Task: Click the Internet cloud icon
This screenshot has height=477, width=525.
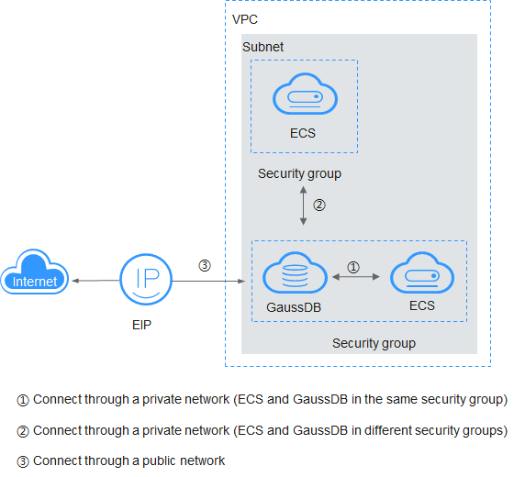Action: (35, 272)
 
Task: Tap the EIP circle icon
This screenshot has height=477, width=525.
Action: (146, 279)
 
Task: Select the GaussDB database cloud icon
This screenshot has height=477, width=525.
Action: (295, 272)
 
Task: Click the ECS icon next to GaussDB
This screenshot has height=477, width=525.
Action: (422, 272)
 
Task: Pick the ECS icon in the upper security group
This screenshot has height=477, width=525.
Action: (305, 94)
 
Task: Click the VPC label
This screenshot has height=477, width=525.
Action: (245, 19)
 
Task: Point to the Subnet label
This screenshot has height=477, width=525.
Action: (262, 47)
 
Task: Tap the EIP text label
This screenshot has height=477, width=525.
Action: (141, 325)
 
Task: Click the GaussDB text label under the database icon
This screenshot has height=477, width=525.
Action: (294, 307)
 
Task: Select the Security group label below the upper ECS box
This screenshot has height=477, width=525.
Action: (299, 173)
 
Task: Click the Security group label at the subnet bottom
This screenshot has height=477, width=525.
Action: (374, 343)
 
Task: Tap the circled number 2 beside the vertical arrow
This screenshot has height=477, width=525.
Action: (319, 205)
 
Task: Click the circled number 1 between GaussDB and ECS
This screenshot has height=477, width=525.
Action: (353, 267)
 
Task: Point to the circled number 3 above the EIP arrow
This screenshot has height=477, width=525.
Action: (205, 265)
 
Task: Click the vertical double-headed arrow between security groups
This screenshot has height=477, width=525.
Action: (304, 205)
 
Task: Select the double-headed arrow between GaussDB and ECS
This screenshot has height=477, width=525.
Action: (356, 277)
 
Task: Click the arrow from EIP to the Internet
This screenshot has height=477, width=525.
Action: (95, 281)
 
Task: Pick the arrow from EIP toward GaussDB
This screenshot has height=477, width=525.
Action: (208, 282)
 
